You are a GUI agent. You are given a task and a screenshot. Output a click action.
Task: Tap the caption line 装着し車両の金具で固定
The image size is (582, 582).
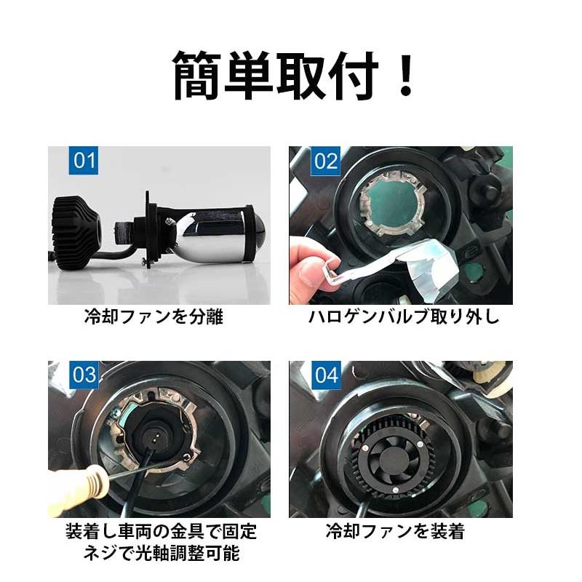pyautogui.click(x=161, y=531)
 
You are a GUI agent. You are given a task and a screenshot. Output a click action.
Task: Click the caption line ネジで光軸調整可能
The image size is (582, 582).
pyautogui.click(x=161, y=553)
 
